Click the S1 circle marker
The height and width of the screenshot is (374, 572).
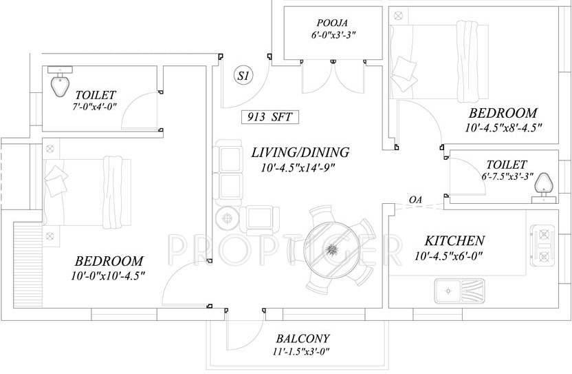pyautogui.click(x=243, y=76)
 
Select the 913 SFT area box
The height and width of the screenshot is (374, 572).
pyautogui.click(x=270, y=117)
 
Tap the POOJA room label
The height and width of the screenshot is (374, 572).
pyautogui.click(x=332, y=23)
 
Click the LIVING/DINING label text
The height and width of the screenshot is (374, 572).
pyautogui.click(x=300, y=152)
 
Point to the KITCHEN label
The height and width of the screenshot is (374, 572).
pyautogui.click(x=454, y=240)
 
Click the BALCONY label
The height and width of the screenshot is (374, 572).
pyautogui.click(x=302, y=339)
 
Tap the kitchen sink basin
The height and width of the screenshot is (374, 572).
pyautogui.click(x=448, y=291)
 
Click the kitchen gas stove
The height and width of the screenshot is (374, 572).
pyautogui.click(x=544, y=244)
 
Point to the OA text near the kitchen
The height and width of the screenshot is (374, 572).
pyautogui.click(x=415, y=200)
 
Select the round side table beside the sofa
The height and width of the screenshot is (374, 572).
pyautogui.click(x=228, y=218)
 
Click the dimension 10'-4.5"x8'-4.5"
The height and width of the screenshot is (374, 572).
pyautogui.click(x=503, y=128)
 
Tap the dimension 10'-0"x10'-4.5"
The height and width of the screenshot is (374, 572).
pyautogui.click(x=109, y=276)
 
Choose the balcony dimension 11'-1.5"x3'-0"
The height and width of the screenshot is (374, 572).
pyautogui.click(x=301, y=352)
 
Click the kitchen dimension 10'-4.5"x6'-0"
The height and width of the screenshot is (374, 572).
pyautogui.click(x=448, y=256)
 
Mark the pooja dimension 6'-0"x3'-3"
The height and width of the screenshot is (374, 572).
pyautogui.click(x=331, y=35)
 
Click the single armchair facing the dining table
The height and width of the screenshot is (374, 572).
pyautogui.click(x=259, y=220)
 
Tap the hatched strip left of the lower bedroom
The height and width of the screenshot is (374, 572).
pyautogui.click(x=28, y=265)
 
